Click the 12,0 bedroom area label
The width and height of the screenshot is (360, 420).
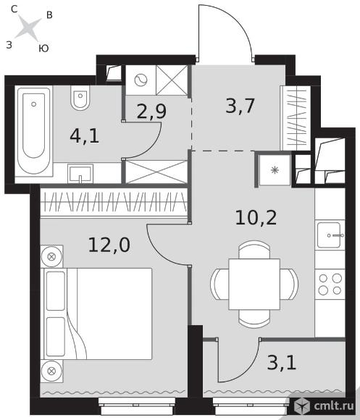(x=109, y=245)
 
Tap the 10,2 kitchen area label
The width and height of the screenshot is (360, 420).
(x=256, y=217)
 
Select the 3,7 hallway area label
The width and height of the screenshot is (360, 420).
(x=240, y=106)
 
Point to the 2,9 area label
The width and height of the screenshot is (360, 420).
(x=151, y=112)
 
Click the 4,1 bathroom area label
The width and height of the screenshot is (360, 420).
(x=84, y=136)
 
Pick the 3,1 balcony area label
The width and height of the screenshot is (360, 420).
(x=282, y=363)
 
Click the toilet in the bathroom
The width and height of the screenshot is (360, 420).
(x=80, y=98)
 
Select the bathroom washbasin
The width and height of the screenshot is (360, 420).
(x=80, y=174)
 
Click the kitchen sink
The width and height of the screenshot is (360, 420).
(x=330, y=235)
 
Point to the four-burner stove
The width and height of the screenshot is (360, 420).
(x=330, y=285)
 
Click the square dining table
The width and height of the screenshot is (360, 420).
(x=254, y=284)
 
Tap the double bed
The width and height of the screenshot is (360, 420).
(x=96, y=314)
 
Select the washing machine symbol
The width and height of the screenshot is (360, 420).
(x=141, y=80)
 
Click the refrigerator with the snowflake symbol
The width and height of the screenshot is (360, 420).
(x=275, y=170)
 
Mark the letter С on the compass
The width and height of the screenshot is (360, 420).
(x=14, y=9)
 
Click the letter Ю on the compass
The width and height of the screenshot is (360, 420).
(x=43, y=49)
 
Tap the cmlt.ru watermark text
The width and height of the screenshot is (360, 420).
(x=334, y=406)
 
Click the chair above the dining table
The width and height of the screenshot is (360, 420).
(x=254, y=250)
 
